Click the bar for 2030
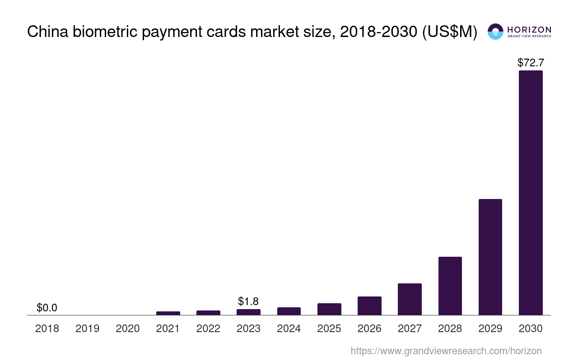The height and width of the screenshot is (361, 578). pos(531,193)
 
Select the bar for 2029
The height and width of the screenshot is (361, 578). pos(490,257)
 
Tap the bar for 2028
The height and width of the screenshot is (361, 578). pos(450,286)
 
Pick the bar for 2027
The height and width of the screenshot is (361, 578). pos(410,299)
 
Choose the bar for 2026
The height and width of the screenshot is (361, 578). pos(369,305)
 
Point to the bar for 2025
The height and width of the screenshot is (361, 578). pos(329,309)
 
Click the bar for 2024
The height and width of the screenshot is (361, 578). pos(289,311)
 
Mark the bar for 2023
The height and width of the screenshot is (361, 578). pos(248,312)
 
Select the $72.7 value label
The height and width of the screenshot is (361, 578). pos(531,63)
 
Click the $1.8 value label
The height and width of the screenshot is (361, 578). pos(248,301)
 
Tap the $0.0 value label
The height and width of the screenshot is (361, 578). pos(47,308)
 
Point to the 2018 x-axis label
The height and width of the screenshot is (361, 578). pos(47,329)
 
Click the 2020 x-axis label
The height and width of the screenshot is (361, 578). pos(128,329)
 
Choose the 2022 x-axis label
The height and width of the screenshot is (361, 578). pos(208,329)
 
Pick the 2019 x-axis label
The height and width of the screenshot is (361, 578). pos(88,329)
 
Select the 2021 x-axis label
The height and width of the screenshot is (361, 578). pos(168,329)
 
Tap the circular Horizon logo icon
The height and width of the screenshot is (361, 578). pos(495,32)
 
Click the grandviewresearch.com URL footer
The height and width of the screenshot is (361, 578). pos(446,351)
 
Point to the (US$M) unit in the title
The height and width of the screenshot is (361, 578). pos(449,32)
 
